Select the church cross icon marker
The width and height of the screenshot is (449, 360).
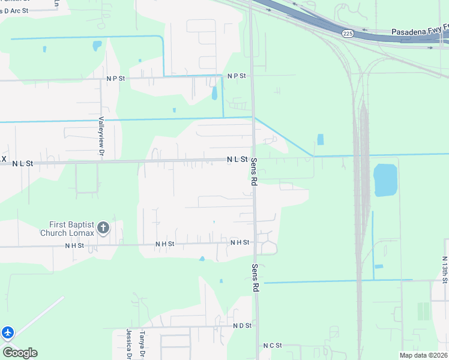click(x=103, y=227)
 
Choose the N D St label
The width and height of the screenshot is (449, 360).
click(x=242, y=326)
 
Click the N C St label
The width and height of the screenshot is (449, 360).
click(x=272, y=346)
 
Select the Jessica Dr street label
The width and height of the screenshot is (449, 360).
click(x=129, y=344)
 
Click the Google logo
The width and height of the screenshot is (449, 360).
click(x=20, y=353)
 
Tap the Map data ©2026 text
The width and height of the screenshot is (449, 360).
click(x=423, y=355)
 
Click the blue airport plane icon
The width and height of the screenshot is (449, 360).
click(x=7, y=332)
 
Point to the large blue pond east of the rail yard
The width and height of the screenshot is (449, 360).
click(x=385, y=180)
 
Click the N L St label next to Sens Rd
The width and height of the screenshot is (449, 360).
click(x=237, y=159)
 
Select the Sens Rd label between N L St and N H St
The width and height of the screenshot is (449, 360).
click(x=254, y=171)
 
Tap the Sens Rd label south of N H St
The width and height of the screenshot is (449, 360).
click(x=255, y=278)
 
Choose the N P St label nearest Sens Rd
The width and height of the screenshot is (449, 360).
click(x=237, y=76)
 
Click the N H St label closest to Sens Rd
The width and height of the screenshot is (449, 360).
click(x=240, y=242)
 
